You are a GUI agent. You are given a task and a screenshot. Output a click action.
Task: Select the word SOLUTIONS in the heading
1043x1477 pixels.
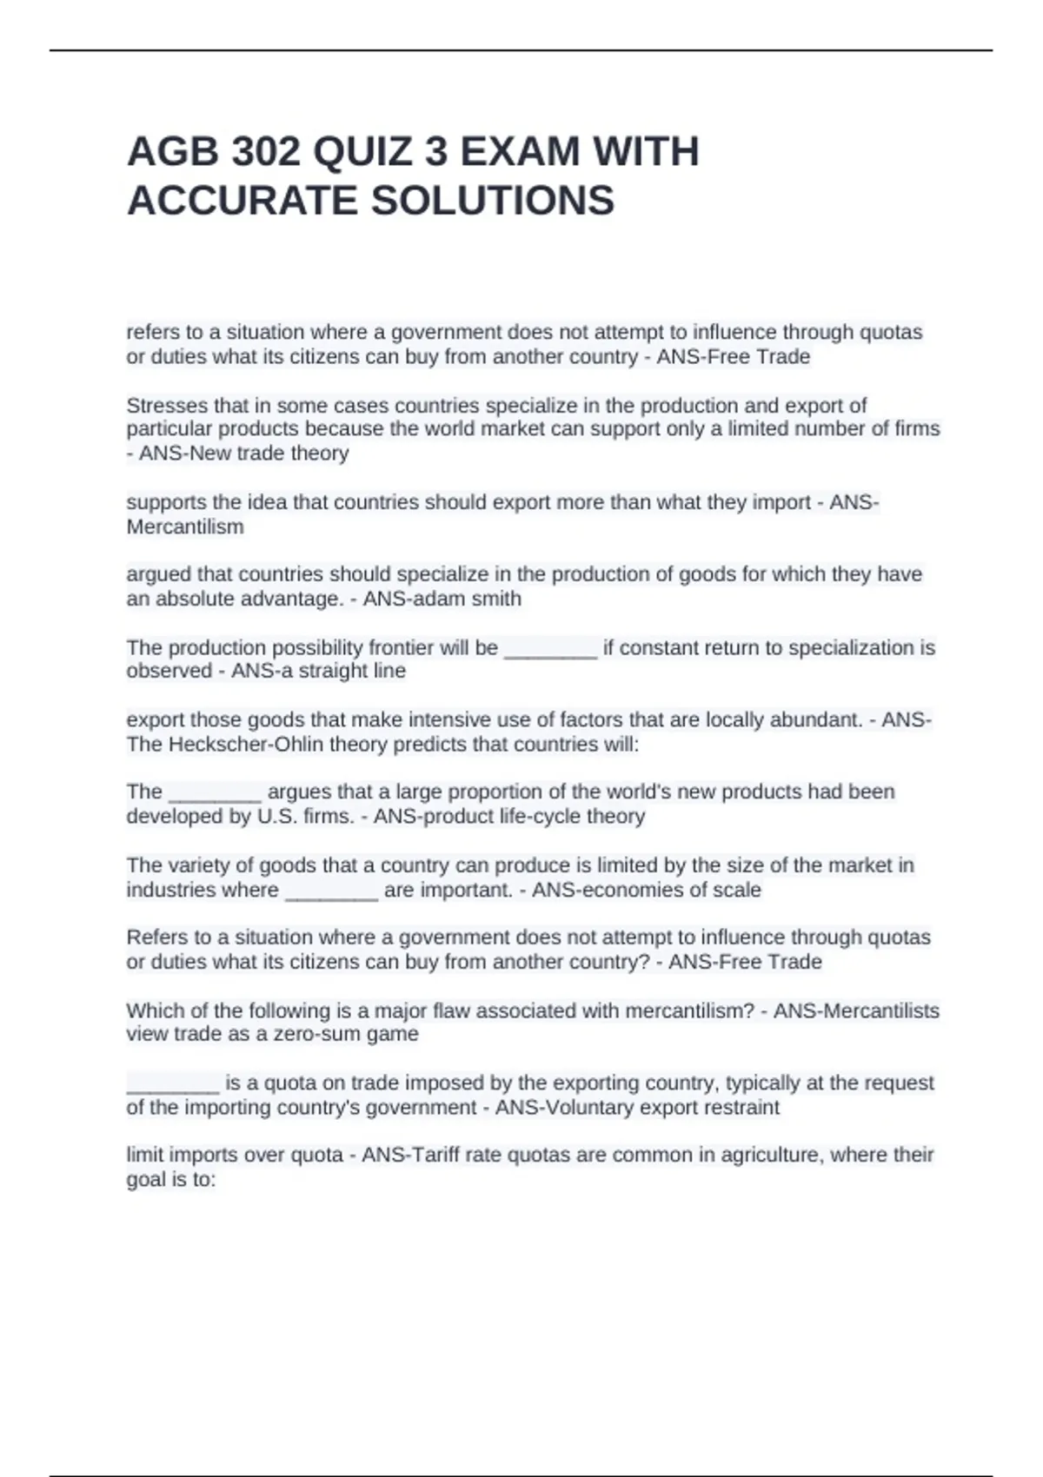coord(493,201)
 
